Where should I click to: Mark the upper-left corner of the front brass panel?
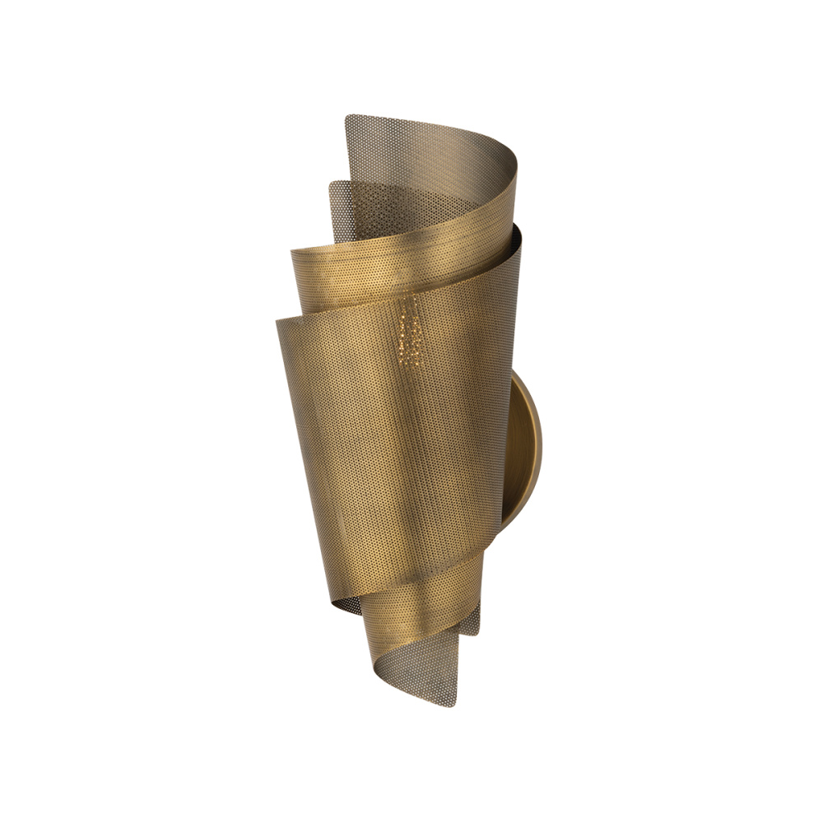tap(277, 319)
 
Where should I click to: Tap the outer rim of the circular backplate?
tap(540, 444)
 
